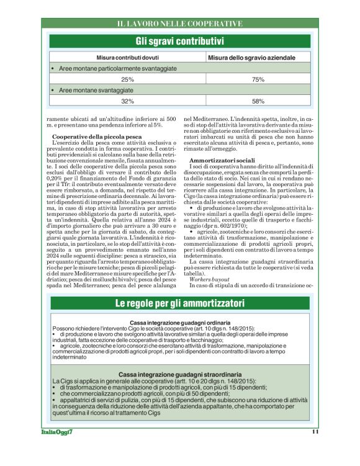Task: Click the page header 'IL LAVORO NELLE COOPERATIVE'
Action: pos(180,24)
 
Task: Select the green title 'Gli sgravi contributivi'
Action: pos(180,42)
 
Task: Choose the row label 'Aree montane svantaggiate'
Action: pos(96,90)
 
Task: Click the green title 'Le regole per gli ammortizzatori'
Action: pos(180,304)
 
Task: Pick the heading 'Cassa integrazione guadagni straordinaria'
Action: pos(181,375)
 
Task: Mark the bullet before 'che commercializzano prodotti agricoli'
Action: pos(55,393)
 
